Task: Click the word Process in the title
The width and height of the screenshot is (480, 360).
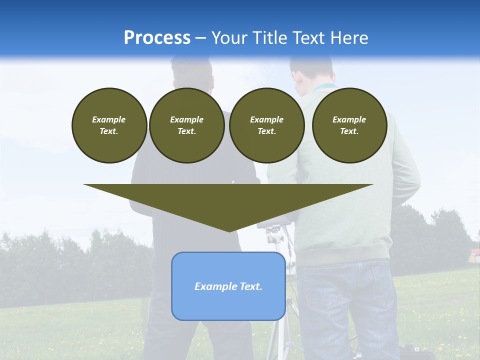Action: click(x=157, y=37)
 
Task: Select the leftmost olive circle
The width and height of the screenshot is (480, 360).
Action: click(x=109, y=125)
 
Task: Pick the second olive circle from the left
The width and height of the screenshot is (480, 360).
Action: click(x=186, y=125)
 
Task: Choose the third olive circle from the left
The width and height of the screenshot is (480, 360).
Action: click(x=266, y=125)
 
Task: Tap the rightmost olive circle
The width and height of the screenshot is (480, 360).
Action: click(x=349, y=125)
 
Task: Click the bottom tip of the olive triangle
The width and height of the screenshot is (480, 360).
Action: click(x=228, y=230)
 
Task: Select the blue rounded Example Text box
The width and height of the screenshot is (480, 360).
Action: click(x=228, y=286)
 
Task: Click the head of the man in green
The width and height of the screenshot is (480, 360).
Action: click(x=311, y=70)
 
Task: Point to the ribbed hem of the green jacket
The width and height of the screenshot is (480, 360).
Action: click(x=345, y=253)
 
